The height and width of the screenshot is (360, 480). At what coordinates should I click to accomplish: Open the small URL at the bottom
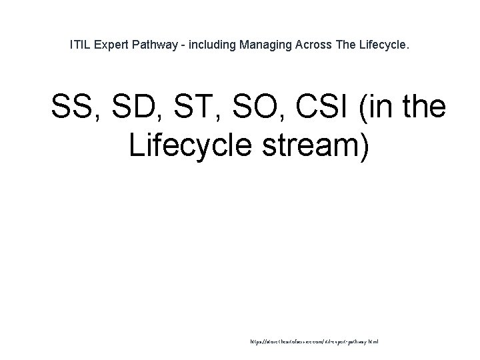(313, 341)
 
